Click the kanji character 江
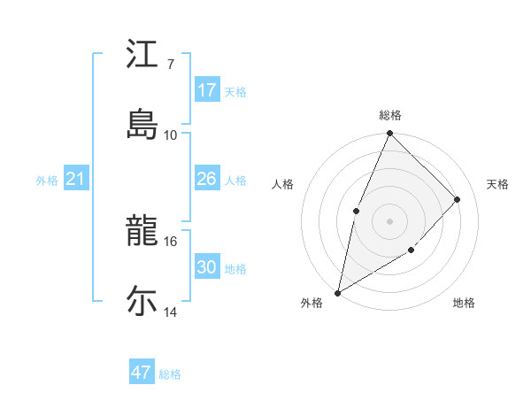142,55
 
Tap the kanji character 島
142,122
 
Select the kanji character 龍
142,233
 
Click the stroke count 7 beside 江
171,65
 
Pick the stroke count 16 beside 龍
171,241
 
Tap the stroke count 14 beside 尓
171,312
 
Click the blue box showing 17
207,90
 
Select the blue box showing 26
207,179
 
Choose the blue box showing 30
207,267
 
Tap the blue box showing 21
76,180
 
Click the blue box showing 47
142,373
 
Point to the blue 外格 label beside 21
47,181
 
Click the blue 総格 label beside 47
170,374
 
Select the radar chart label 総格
390,115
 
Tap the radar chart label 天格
497,184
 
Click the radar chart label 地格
464,304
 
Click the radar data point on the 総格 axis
390,134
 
